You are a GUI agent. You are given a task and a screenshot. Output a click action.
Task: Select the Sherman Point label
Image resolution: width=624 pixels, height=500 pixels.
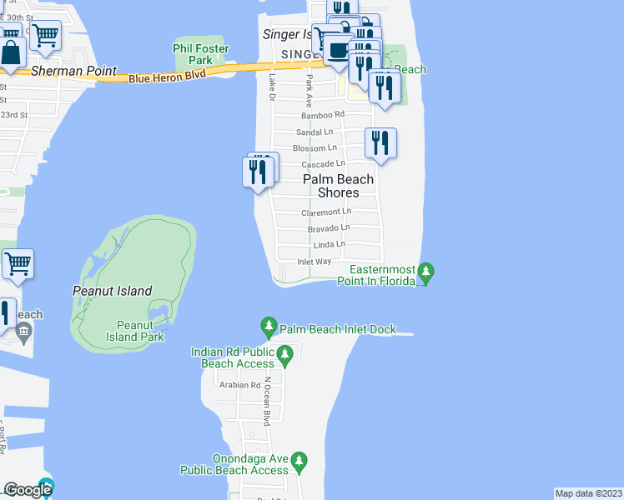pyautogui.click(x=73, y=72)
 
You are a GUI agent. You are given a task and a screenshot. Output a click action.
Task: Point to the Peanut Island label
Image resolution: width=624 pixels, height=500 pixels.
pyautogui.click(x=112, y=291)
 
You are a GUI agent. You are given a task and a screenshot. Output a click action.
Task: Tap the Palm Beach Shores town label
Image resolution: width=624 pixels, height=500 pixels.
pyautogui.click(x=338, y=186)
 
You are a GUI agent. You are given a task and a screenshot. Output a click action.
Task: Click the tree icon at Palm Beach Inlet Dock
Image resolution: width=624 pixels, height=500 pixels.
pyautogui.click(x=269, y=325)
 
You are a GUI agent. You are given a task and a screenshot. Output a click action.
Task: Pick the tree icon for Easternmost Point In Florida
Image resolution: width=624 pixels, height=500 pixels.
pyautogui.click(x=425, y=271)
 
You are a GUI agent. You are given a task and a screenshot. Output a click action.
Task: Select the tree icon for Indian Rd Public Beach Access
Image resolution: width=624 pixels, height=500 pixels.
pyautogui.click(x=284, y=357)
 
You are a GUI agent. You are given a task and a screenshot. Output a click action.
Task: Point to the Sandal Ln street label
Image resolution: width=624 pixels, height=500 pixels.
pyautogui.click(x=315, y=132)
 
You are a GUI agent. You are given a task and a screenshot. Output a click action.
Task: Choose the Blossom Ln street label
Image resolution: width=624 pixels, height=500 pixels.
pyautogui.click(x=315, y=148)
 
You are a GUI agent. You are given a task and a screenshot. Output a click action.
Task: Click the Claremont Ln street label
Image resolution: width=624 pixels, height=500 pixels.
pyautogui.click(x=326, y=212)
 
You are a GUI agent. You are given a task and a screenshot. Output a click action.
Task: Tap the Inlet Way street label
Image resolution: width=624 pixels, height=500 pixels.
pyautogui.click(x=315, y=262)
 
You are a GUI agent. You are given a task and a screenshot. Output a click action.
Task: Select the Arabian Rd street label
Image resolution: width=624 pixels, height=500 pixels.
pyautogui.click(x=239, y=385)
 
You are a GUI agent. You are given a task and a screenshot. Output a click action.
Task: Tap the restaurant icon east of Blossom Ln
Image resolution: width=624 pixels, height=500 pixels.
pyautogui.click(x=380, y=142)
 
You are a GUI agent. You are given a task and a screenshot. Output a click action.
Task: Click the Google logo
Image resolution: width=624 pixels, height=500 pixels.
pyautogui.click(x=28, y=490)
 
